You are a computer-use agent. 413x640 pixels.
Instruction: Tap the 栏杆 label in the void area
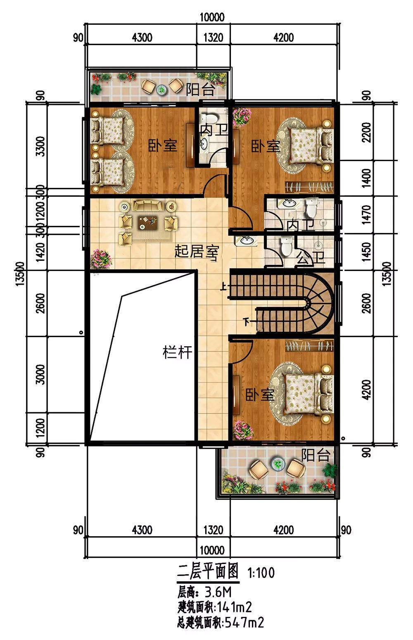[177, 352]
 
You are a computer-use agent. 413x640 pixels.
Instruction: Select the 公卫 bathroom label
[311, 257]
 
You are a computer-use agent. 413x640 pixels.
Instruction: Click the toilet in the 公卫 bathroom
[286, 246]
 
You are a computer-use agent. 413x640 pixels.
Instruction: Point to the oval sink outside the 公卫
[246, 240]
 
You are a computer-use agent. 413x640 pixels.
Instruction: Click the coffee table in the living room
[148, 223]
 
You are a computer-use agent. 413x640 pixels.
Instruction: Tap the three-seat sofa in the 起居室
[147, 205]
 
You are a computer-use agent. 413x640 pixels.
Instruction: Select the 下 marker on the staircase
[246, 322]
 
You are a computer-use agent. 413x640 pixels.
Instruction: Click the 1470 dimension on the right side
[367, 214]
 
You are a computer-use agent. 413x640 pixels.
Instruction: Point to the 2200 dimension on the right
[367, 132]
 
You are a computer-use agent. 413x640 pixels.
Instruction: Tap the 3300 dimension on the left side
[40, 146]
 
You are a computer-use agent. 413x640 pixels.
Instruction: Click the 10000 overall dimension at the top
[212, 17]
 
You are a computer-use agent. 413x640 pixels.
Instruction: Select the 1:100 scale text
[261, 573]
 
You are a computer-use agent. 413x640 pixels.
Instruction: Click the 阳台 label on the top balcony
[200, 89]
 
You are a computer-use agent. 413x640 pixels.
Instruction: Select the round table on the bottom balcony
[276, 463]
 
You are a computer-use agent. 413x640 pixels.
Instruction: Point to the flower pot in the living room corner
[101, 259]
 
